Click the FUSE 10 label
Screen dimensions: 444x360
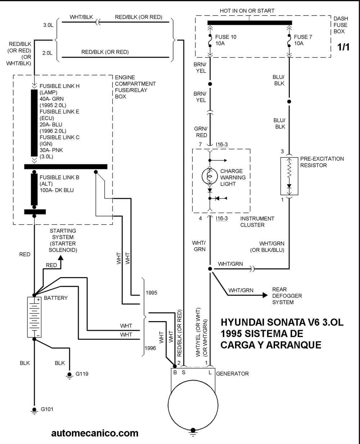click(226, 37)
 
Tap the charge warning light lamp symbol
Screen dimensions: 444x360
click(210, 176)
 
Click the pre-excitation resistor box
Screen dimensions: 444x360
click(289, 176)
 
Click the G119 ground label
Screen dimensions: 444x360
click(82, 374)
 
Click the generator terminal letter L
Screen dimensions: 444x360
click(210, 372)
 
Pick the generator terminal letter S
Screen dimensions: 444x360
click(183, 372)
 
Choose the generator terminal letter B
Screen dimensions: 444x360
click(175, 372)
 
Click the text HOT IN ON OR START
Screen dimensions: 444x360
click(247, 11)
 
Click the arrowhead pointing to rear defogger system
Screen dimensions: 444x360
click(265, 295)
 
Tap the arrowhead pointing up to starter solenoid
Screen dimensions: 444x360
click(60, 257)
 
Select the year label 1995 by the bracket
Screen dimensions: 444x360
click(152, 293)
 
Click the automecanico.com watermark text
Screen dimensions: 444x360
click(95, 432)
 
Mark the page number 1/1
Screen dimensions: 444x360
click(343, 47)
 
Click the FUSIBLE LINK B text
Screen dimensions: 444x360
click(59, 178)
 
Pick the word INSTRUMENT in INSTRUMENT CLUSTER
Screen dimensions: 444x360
click(257, 218)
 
